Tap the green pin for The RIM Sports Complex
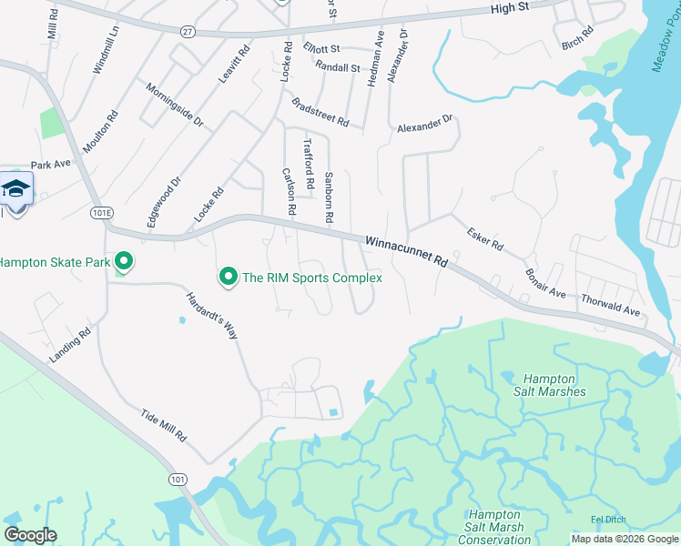[227, 276]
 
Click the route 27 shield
[187, 30]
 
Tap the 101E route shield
[102, 212]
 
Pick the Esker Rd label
[484, 239]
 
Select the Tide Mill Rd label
[163, 425]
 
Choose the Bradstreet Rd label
[320, 113]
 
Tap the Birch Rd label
[577, 37]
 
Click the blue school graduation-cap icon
[15, 189]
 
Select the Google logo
[30, 534]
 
